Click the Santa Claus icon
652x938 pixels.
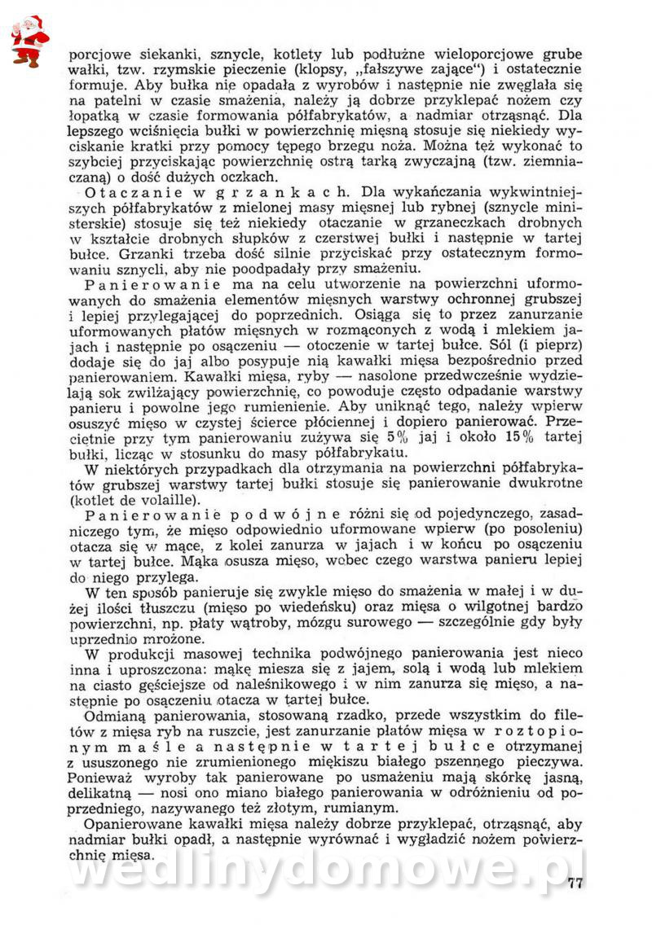pyautogui.click(x=29, y=40)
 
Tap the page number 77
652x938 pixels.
pyautogui.click(x=575, y=885)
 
